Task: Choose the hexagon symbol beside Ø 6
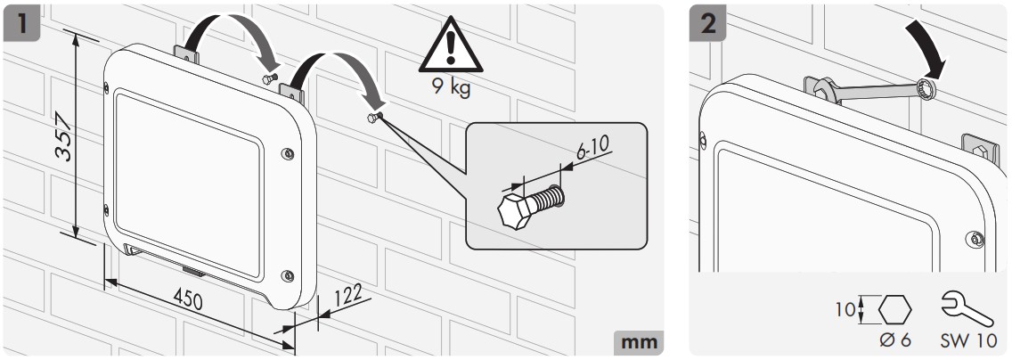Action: pos(895,309)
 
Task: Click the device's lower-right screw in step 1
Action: pos(286,274)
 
